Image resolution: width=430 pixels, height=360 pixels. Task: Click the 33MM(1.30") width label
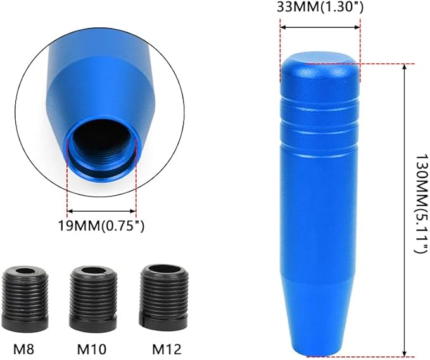pyautogui.click(x=320, y=8)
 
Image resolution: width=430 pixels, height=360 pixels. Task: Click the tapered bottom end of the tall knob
pyautogui.click(x=320, y=336)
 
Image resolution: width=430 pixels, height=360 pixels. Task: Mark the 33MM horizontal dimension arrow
pyautogui.click(x=320, y=27)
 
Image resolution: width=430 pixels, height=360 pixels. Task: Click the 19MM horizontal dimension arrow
pyautogui.click(x=101, y=211)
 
